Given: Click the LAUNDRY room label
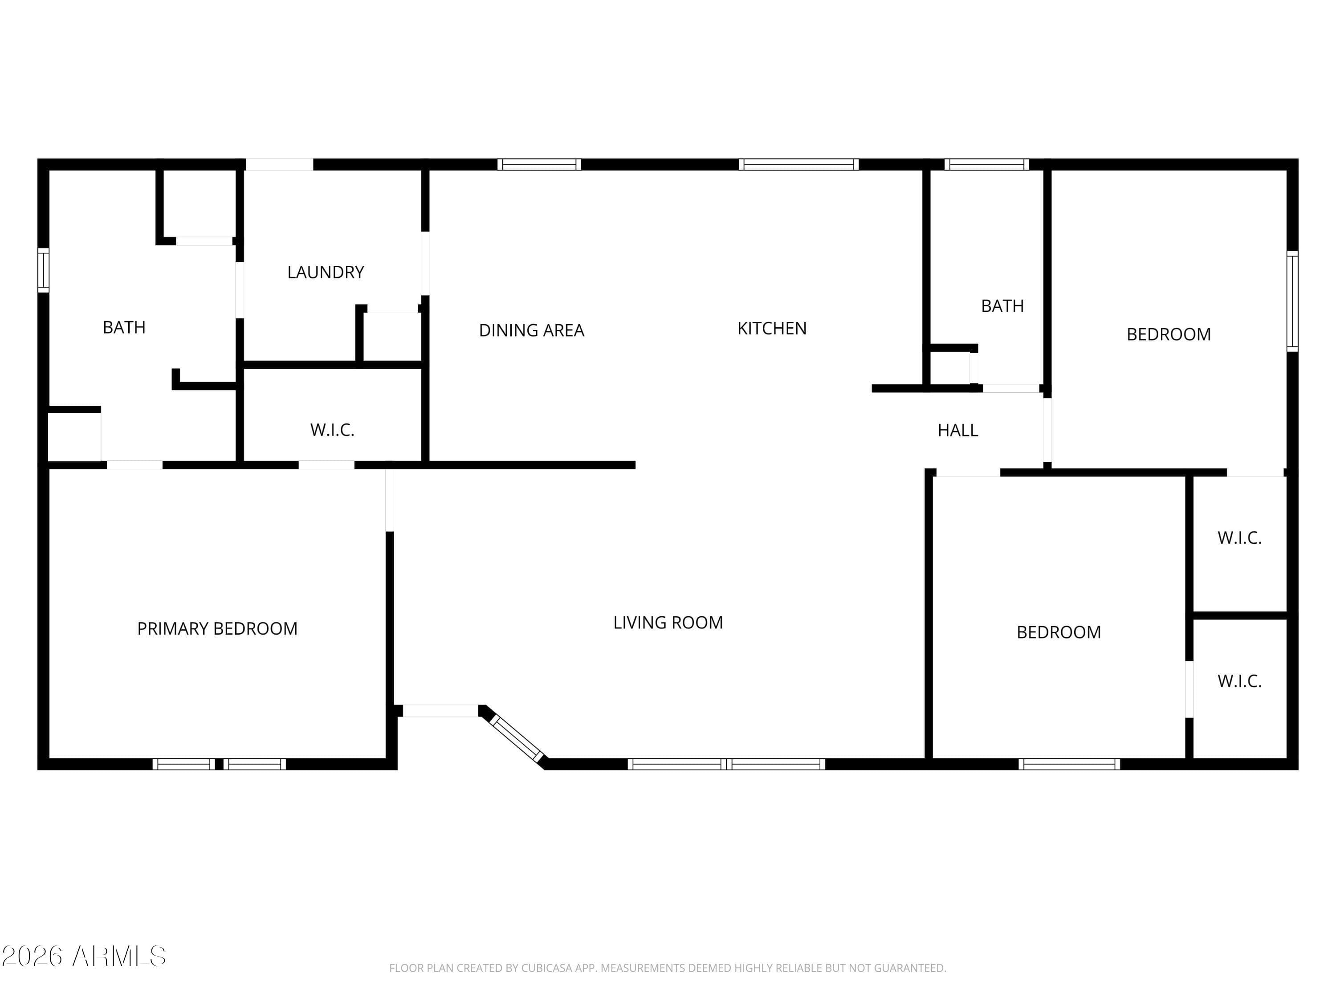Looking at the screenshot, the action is (x=326, y=273).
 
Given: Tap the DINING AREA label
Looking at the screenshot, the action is (x=531, y=330).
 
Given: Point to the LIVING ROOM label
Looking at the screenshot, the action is (x=668, y=623).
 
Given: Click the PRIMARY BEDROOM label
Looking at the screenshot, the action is (x=217, y=629).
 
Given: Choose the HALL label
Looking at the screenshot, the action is (x=958, y=431).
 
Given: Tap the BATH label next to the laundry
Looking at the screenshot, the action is (x=124, y=327).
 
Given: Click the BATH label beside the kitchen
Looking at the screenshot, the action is (x=1002, y=306).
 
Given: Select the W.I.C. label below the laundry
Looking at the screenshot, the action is (x=332, y=430).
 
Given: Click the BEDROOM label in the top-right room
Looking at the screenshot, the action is (x=1169, y=334).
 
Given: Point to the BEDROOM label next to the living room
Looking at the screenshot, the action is (x=1059, y=632).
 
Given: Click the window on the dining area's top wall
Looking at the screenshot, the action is (x=539, y=164).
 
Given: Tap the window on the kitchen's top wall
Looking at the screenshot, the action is (x=798, y=164).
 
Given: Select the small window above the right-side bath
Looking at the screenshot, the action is (x=987, y=164).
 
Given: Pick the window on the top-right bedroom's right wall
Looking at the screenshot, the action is (x=1292, y=301).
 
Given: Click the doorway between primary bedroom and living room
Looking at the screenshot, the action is (x=390, y=501).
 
